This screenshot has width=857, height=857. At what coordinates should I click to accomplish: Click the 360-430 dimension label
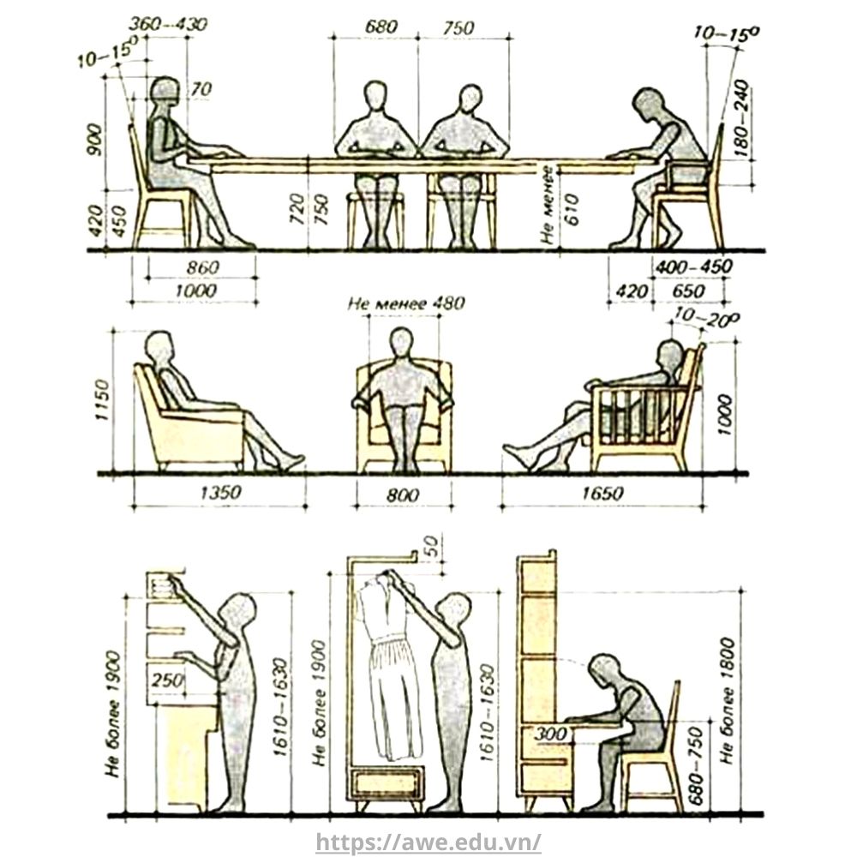[168, 25]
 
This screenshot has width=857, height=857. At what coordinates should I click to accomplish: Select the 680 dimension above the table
[381, 27]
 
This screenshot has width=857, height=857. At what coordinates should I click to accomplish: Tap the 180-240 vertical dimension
[741, 118]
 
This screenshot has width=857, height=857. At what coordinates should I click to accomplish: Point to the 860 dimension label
[202, 267]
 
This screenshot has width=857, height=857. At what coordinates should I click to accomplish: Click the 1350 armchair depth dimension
[220, 493]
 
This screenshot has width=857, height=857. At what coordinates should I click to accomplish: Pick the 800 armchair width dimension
[403, 495]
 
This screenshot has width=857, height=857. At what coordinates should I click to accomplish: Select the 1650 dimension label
[602, 494]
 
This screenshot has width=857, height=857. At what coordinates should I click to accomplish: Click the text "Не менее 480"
[406, 303]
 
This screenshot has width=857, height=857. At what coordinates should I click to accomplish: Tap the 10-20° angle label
[706, 318]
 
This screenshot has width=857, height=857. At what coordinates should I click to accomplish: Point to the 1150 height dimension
[102, 400]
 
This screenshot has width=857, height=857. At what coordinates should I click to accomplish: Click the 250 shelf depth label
[167, 680]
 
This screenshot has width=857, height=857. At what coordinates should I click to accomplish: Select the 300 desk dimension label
[551, 734]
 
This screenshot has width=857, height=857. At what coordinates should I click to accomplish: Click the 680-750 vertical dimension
[695, 765]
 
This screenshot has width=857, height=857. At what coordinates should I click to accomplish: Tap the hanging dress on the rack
[388, 664]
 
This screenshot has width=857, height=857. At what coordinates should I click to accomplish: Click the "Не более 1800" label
[728, 701]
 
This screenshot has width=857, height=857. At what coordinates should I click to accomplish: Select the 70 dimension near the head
[201, 89]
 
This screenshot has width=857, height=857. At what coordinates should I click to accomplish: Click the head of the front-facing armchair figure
[402, 342]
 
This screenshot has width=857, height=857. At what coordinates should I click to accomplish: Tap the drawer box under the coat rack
[387, 783]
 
